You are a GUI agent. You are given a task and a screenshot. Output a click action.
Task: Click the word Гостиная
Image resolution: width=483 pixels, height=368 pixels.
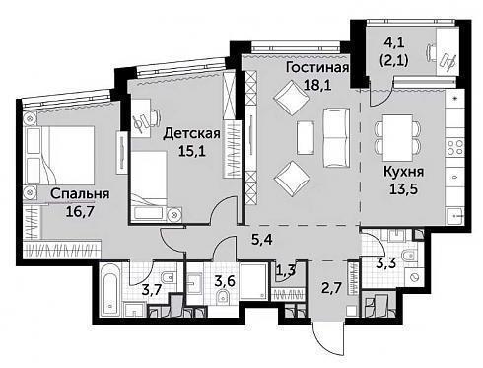[x=317, y=67]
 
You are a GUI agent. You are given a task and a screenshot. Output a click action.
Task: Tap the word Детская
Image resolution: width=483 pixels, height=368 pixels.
[x=192, y=134]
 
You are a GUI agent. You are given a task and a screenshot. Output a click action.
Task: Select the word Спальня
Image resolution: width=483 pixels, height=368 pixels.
[x=80, y=194]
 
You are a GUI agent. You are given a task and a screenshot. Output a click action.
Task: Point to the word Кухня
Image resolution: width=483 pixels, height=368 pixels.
[x=404, y=172]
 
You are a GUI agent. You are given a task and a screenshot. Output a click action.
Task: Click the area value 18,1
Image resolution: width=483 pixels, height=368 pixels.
[x=317, y=85]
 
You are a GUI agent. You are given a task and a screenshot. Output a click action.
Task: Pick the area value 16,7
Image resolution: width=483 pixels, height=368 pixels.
[x=80, y=212]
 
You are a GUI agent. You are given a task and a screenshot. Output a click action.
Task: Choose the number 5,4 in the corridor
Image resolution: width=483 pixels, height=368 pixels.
[x=262, y=240]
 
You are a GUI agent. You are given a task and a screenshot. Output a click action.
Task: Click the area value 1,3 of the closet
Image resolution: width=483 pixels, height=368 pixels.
[x=285, y=270]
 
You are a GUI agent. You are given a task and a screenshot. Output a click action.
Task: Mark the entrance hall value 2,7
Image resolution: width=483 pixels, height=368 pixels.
[x=332, y=288]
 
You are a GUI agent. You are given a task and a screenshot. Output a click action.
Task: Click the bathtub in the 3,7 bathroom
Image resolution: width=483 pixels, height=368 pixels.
[x=109, y=290]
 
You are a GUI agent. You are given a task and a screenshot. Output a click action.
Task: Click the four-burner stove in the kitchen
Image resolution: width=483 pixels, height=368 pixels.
[x=455, y=147]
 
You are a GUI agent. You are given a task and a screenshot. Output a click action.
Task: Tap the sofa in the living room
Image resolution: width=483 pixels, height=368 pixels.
[x=336, y=138]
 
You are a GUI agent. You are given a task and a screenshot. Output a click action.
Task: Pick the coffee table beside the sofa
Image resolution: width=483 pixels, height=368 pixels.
[x=306, y=137]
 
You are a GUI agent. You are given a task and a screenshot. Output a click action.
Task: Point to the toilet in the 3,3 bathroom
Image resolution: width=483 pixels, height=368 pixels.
[x=410, y=256]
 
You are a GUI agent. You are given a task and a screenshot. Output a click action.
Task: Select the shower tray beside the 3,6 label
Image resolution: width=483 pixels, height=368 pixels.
[x=253, y=281]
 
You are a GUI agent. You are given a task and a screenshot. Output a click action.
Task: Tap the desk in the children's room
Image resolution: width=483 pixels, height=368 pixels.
[x=142, y=118]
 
